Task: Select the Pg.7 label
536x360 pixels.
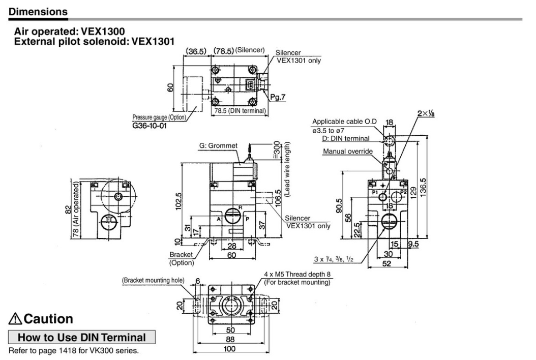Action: (x=279, y=98)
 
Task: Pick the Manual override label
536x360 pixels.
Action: (x=347, y=151)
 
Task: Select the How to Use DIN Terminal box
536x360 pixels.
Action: (x=82, y=337)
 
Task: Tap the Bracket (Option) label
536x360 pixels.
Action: (x=182, y=258)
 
